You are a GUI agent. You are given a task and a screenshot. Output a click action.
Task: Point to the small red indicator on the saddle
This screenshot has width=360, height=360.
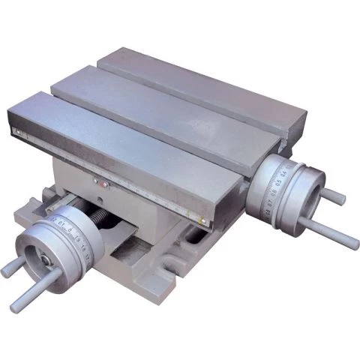pyautogui.click(x=96, y=181)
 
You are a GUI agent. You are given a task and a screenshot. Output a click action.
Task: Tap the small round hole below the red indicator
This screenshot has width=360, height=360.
pyautogui.click(x=106, y=197)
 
